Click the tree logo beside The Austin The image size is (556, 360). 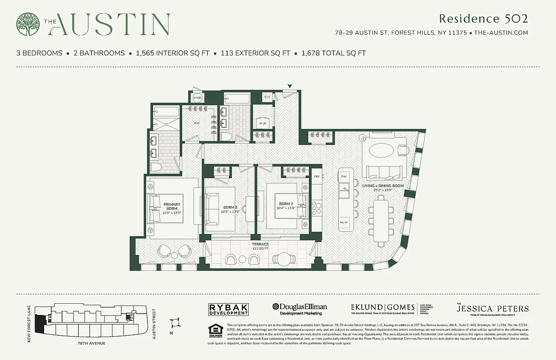[27, 24]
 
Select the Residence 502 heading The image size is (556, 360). [483, 19]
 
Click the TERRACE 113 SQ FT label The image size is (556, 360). [260, 246]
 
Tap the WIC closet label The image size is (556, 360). [197, 122]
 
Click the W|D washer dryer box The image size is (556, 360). [263, 123]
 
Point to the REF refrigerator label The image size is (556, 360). [317, 177]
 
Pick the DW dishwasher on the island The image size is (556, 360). [345, 177]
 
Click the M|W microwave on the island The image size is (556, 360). [344, 222]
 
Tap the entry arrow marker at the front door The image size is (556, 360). [290, 86]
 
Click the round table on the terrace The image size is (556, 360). [284, 259]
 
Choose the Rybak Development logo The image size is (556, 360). [229, 309]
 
